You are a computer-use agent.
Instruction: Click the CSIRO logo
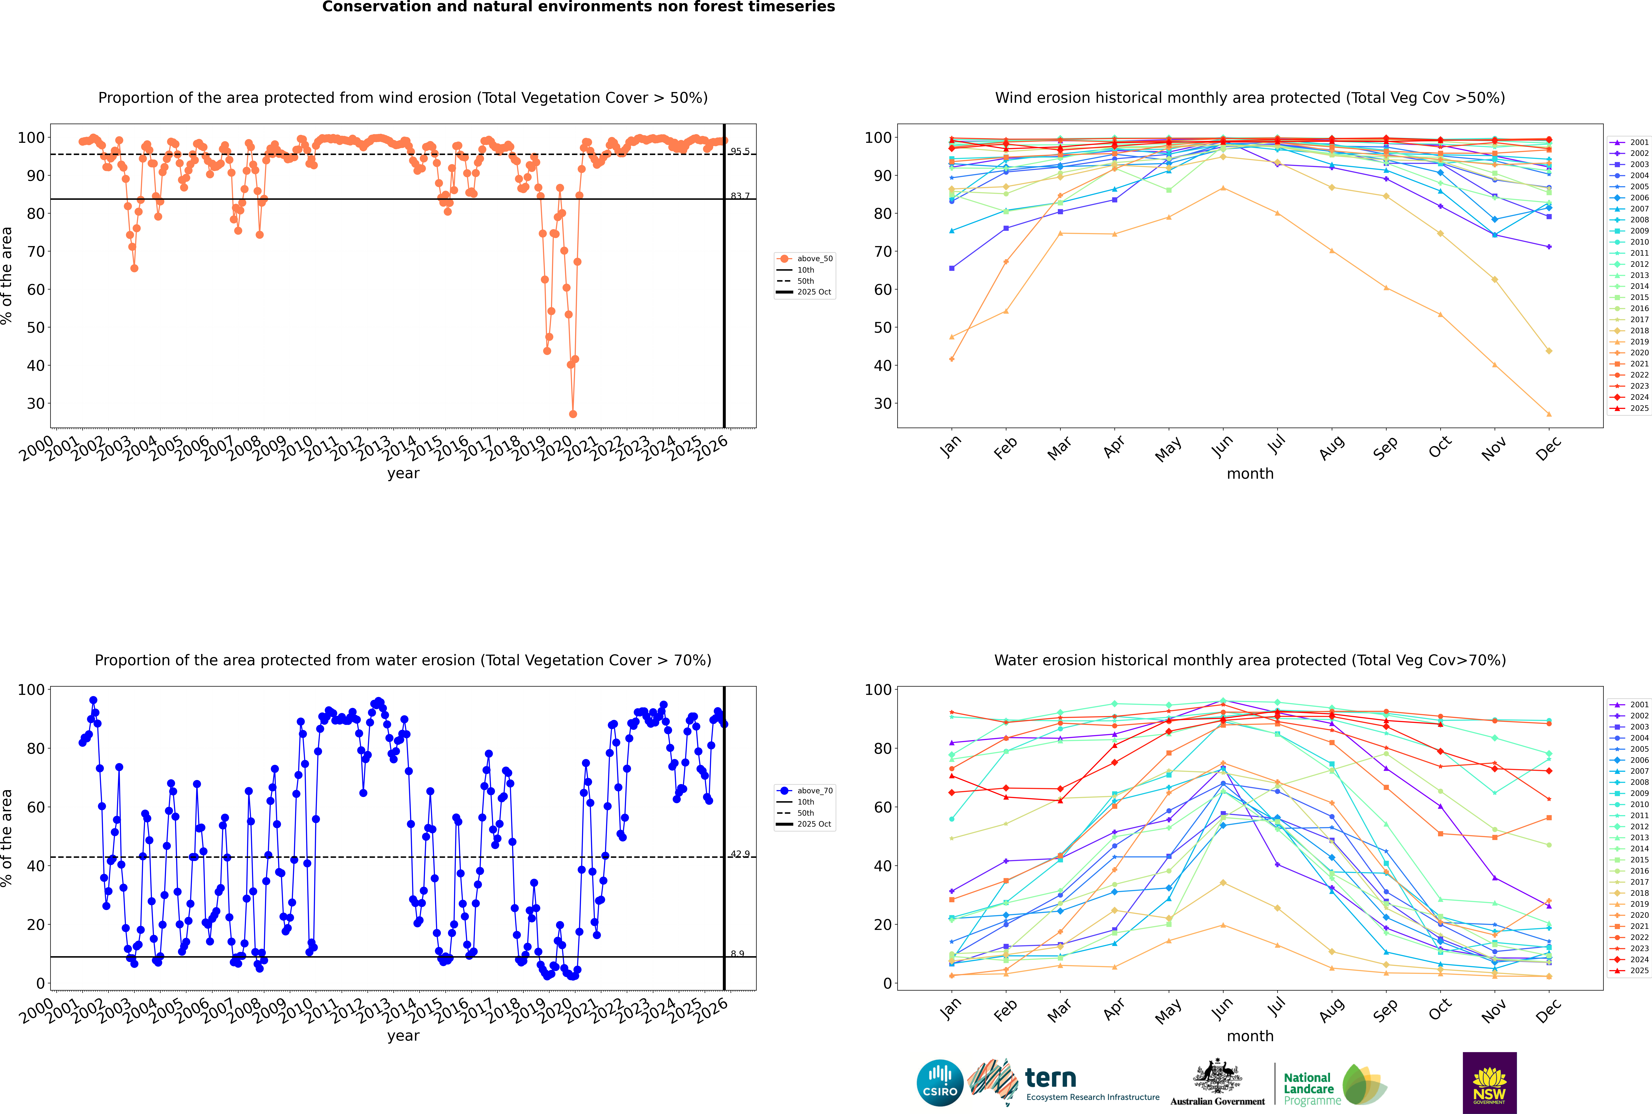point(940,1083)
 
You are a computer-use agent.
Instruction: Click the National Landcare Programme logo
point(1334,1085)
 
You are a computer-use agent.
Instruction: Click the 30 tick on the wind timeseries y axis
point(35,404)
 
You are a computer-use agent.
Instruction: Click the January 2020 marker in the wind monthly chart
point(952,359)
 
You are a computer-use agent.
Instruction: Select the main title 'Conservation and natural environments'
point(578,7)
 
